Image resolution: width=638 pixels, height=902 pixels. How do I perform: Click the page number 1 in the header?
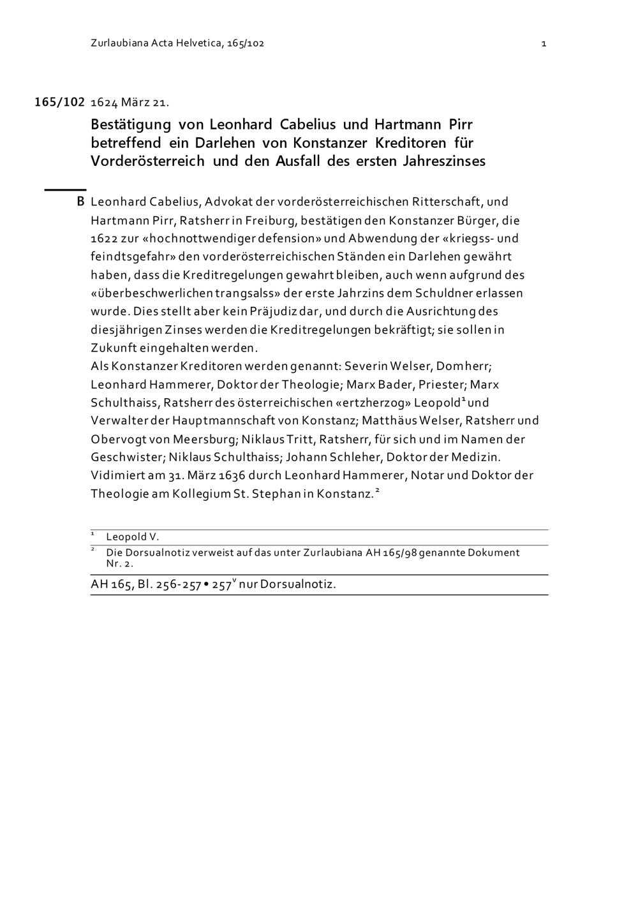544,43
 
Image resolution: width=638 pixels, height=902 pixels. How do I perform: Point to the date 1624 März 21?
130,102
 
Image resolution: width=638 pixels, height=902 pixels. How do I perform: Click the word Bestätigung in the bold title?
131,124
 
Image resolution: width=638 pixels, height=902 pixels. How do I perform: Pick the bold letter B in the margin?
80,202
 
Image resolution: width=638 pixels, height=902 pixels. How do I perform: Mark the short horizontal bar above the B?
64,189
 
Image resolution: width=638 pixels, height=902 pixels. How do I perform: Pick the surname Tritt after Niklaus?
300,440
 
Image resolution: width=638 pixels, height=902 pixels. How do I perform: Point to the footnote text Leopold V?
133,537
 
